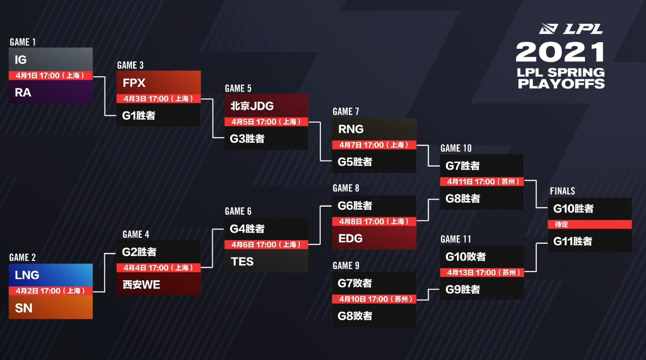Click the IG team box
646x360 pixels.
(x=51, y=59)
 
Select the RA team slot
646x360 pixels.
(x=51, y=92)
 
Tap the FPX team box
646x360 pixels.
(x=158, y=82)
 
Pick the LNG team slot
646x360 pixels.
(x=51, y=275)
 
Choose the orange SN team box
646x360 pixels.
(x=51, y=307)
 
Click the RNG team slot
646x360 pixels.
(x=374, y=129)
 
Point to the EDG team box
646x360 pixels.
(x=374, y=238)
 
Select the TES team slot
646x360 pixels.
(x=266, y=261)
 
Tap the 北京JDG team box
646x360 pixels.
(x=266, y=106)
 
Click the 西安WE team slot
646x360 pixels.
(x=158, y=284)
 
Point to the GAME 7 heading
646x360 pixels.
(x=346, y=112)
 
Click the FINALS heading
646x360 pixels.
(x=562, y=191)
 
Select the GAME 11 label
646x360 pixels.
(x=456, y=239)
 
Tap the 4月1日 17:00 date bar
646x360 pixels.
(x=51, y=76)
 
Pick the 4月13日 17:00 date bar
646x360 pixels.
(x=482, y=272)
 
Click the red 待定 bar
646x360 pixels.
(x=590, y=224)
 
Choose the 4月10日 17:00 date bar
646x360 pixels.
(x=374, y=299)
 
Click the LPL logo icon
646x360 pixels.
(x=548, y=28)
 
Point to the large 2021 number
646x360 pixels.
(x=560, y=52)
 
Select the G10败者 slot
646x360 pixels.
(x=482, y=256)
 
